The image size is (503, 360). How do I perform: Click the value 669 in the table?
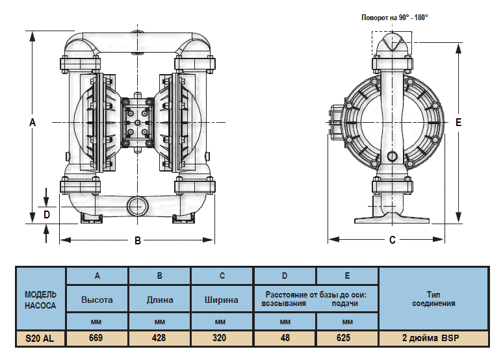pos(97,338)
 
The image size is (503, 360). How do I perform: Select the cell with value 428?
pos(159,338)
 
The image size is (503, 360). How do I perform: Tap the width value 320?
pos(222,338)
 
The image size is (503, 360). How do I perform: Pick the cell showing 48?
pos(285,338)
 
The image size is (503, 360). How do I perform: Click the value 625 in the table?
pos(347,338)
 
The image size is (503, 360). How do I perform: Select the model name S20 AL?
pos(40,338)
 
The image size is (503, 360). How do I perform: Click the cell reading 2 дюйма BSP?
pos(432,338)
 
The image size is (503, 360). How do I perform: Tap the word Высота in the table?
pos(97,300)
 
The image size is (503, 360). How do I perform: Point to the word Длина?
pos(160,300)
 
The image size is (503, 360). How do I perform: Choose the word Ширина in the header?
pos(222,300)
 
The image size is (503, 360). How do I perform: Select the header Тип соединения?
pos(433,299)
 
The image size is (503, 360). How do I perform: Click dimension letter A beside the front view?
pos(32,122)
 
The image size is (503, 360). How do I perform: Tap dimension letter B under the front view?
pos(138,240)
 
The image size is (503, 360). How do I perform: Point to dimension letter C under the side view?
pos(392,240)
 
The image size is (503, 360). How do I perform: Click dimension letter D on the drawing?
pos(46,213)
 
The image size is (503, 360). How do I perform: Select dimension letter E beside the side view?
pos(458,122)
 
